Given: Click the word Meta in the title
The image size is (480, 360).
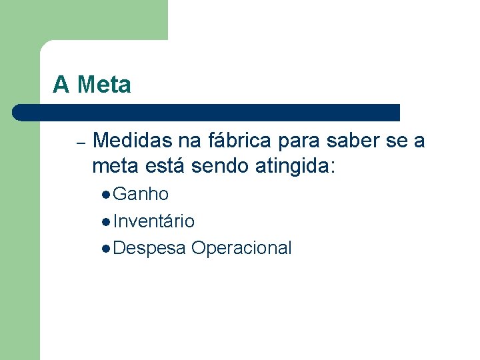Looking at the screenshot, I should click(x=104, y=85).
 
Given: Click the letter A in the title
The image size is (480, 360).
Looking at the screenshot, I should click(x=61, y=85).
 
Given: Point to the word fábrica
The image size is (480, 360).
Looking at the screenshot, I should click(x=239, y=141).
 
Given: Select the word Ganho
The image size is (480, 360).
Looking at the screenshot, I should click(x=141, y=195).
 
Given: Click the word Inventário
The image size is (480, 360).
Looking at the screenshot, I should click(x=153, y=221).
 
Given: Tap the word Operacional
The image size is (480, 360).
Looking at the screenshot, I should click(x=241, y=248).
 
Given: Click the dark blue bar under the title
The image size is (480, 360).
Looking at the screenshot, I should click(x=207, y=112).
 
